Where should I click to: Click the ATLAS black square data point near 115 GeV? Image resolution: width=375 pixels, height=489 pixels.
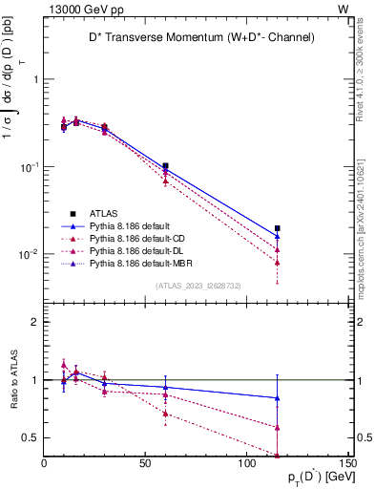pos(277,228)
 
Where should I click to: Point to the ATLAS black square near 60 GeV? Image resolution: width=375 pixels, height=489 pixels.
pos(165,166)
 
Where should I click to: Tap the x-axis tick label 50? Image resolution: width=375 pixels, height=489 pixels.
pos(145,465)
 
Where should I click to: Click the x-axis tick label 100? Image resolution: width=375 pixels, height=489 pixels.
pos(246,465)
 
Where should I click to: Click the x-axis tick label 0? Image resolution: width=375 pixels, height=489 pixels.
pos(45,465)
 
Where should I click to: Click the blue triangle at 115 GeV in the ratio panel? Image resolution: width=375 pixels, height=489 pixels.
pos(277,398)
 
